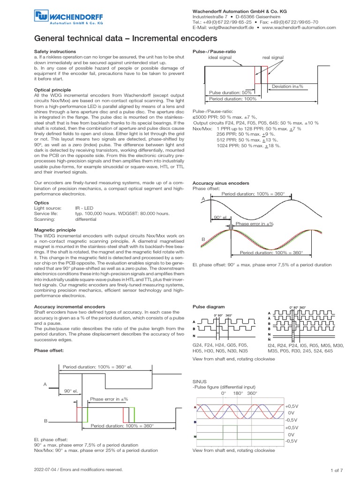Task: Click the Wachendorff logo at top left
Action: pos(67,18)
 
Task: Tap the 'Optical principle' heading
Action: pos(53,89)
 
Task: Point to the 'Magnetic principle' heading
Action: pos(55,230)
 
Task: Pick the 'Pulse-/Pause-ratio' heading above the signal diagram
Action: pos(214,51)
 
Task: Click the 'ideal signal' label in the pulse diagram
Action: pos(219,58)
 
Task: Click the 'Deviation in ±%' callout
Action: pos(287,86)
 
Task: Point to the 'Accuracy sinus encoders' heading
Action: pos(221,182)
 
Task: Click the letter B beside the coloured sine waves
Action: pos(203,239)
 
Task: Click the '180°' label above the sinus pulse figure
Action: pos(239,393)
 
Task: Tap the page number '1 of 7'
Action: pos(337,470)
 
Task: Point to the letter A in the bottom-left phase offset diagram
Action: pos(45,384)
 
